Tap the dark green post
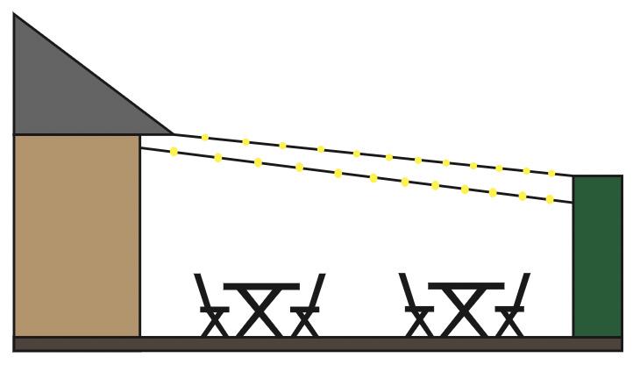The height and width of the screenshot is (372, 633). pyautogui.click(x=597, y=254)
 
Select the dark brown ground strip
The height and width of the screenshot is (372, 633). pyautogui.click(x=316, y=343)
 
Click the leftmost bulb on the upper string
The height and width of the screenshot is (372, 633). pyautogui.click(x=205, y=137)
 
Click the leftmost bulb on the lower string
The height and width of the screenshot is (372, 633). pyautogui.click(x=174, y=152)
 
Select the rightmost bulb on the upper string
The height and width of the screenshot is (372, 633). pyautogui.click(x=551, y=174)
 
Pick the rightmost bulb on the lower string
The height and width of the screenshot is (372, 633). pyautogui.click(x=550, y=199)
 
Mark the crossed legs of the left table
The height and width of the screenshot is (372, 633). pyautogui.click(x=260, y=312)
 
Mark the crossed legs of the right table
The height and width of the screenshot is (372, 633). pyautogui.click(x=466, y=312)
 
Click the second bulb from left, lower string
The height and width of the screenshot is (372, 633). pyautogui.click(x=217, y=158)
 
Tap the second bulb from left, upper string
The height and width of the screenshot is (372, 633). pyautogui.click(x=245, y=141)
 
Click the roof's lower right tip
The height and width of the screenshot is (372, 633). pyautogui.click(x=171, y=133)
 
